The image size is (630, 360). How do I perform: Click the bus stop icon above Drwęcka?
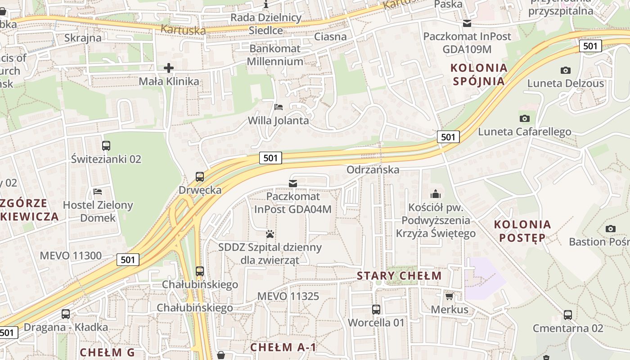coord(200,177)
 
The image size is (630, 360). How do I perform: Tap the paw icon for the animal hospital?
coord(270,234)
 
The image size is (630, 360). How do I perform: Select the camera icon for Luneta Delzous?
coord(566,70)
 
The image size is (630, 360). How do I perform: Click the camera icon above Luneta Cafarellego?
coord(524,118)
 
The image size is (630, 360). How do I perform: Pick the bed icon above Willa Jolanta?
coord(279,107)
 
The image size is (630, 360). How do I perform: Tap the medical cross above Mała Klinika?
coord(169,68)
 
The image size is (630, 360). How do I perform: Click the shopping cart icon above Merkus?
coord(449,296)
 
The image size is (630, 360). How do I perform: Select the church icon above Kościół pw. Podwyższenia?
coord(436,194)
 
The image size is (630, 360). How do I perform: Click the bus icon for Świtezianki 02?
coord(106,146)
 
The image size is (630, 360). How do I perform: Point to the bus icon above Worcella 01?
coord(376,310)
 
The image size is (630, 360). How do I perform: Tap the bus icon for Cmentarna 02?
coord(568,315)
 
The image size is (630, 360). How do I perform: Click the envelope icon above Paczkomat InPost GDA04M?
coord(293,183)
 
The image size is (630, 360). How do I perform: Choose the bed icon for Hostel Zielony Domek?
coord(98,192)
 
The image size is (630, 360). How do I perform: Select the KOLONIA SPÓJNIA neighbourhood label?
coord(479,75)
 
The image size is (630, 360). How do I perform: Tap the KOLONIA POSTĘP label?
coord(522,231)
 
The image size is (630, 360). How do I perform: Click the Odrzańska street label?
coord(373,170)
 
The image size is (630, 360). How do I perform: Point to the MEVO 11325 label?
coord(288,296)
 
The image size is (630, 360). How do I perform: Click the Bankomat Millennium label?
coord(275,55)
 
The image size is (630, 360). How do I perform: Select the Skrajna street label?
coord(83,38)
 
